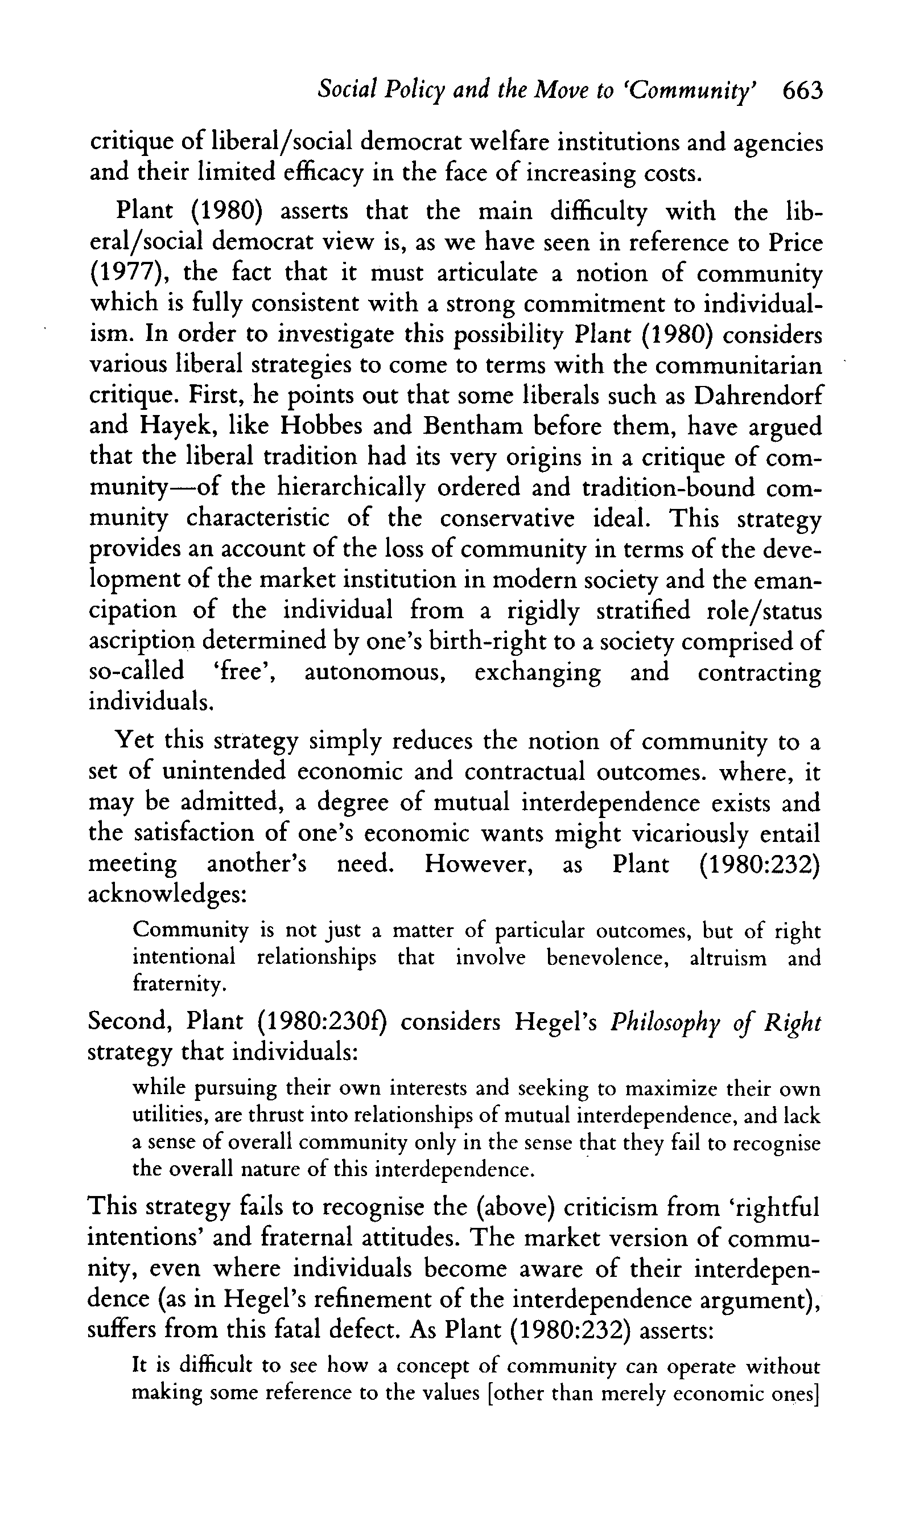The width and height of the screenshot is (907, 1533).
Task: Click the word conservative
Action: click(508, 519)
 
